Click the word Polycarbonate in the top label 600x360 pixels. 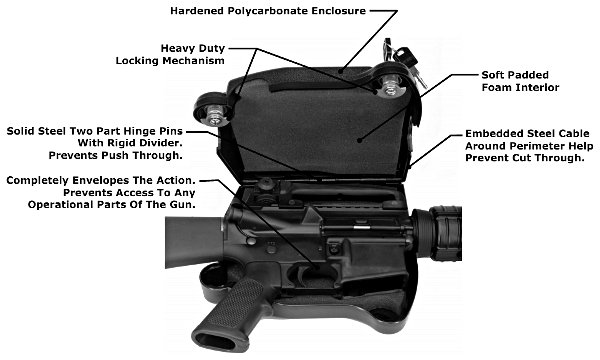[268, 11]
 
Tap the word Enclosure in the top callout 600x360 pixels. [339, 11]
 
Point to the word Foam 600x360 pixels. [497, 87]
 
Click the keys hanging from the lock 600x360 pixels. [406, 61]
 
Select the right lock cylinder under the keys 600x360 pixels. [390, 86]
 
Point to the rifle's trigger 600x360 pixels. [305, 274]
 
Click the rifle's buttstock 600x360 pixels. [195, 241]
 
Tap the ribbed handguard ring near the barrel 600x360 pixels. [446, 233]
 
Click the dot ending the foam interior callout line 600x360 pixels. [359, 140]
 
